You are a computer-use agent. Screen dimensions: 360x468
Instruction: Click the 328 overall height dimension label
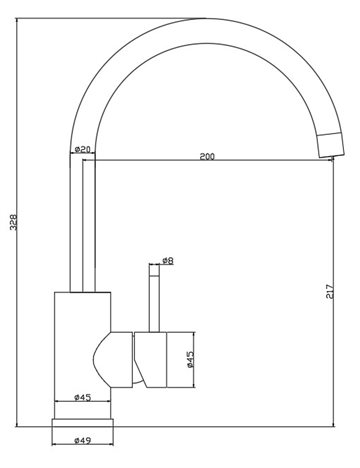click(13, 222)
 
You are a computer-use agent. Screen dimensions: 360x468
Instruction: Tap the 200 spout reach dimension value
click(207, 156)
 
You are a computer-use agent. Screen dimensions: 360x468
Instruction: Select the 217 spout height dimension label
click(329, 291)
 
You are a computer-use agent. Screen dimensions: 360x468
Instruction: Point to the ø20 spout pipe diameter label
click(82, 149)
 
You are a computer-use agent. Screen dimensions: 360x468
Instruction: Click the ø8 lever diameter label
click(168, 260)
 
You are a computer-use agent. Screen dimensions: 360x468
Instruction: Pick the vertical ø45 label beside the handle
click(190, 360)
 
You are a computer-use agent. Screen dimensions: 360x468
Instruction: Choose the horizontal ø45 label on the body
click(82, 397)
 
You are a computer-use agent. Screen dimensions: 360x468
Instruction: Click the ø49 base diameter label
click(82, 440)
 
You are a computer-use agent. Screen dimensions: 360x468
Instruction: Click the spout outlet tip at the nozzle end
click(332, 158)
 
